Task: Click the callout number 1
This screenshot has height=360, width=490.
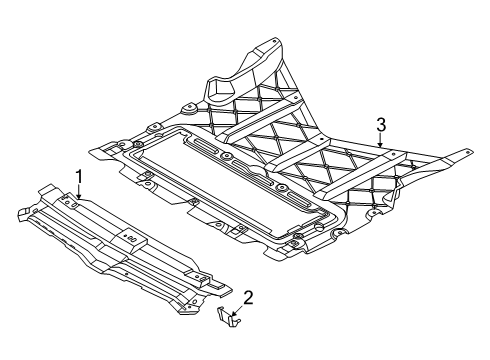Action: point(79,177)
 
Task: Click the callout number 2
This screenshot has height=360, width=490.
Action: point(248,298)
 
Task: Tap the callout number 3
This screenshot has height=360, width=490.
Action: point(381,125)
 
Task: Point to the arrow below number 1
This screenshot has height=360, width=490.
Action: point(79,192)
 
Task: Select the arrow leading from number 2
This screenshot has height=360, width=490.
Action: point(239,310)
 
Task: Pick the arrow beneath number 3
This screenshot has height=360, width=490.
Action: point(381,140)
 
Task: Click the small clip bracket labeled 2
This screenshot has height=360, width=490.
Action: point(229,317)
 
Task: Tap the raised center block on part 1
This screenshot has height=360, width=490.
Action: point(129,239)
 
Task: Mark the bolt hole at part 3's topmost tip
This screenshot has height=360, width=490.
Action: point(274,42)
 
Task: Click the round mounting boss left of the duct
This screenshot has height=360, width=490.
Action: point(189,109)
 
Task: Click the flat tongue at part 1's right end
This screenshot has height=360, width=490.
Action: point(221,289)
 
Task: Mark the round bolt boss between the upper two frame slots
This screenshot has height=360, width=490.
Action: point(228,156)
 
